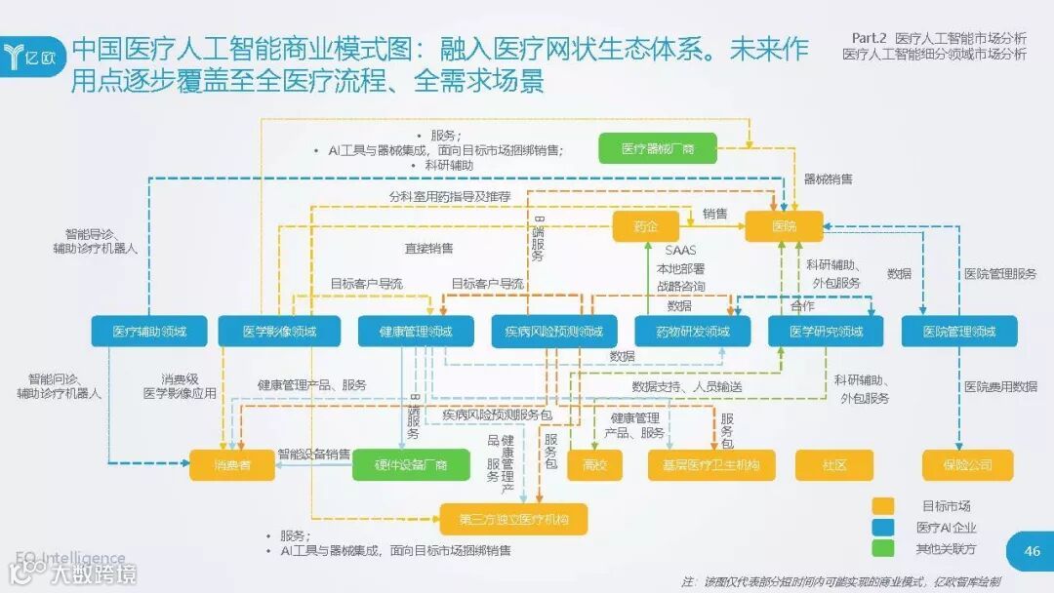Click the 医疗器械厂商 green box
tap(658, 148)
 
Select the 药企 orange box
tap(645, 226)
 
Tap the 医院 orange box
tap(784, 226)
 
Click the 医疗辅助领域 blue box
tap(148, 331)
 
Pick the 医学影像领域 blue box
tap(279, 331)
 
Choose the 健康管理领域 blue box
tap(416, 331)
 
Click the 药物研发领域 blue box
tap(693, 331)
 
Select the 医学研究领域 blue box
tap(826, 331)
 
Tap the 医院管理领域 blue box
tap(959, 331)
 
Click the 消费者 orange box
tap(233, 464)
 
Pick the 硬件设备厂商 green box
tap(411, 464)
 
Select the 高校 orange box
tap(594, 464)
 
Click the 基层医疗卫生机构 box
tap(711, 464)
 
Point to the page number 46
tap(1033, 551)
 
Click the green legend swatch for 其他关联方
tap(882, 548)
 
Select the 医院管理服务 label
tap(1000, 274)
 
